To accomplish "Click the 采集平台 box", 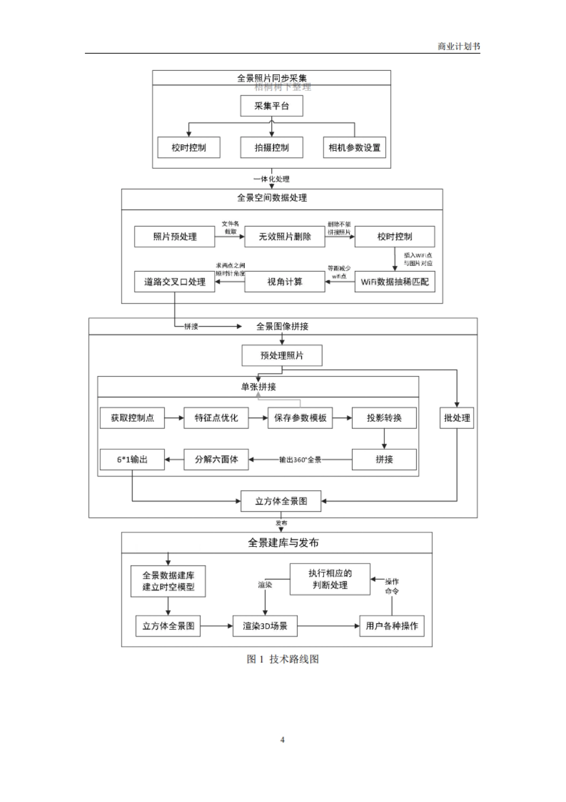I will coord(271,106).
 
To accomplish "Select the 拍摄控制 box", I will coord(271,147).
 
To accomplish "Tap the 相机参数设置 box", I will coord(354,147).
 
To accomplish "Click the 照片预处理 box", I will coord(175,237).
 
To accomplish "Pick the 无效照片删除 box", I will coord(284,237).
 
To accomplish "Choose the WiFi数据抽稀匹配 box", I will coord(395,282).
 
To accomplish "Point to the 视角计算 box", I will coord(284,282).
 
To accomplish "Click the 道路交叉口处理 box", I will coord(175,282).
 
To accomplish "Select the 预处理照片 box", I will coord(282,355).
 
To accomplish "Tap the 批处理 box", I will coord(457,418).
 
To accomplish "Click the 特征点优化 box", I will coord(216,418).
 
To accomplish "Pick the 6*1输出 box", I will coord(132,459).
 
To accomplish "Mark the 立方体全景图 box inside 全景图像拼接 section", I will coord(281,501).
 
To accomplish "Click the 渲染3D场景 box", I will coord(265,626).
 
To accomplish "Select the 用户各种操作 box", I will coord(391,626).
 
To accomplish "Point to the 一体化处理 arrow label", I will coord(271,179).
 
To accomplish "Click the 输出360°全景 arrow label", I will coord(300,460).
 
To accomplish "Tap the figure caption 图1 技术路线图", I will coord(283,659).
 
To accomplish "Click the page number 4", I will coord(283,740).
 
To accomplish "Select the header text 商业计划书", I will coord(458,46).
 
